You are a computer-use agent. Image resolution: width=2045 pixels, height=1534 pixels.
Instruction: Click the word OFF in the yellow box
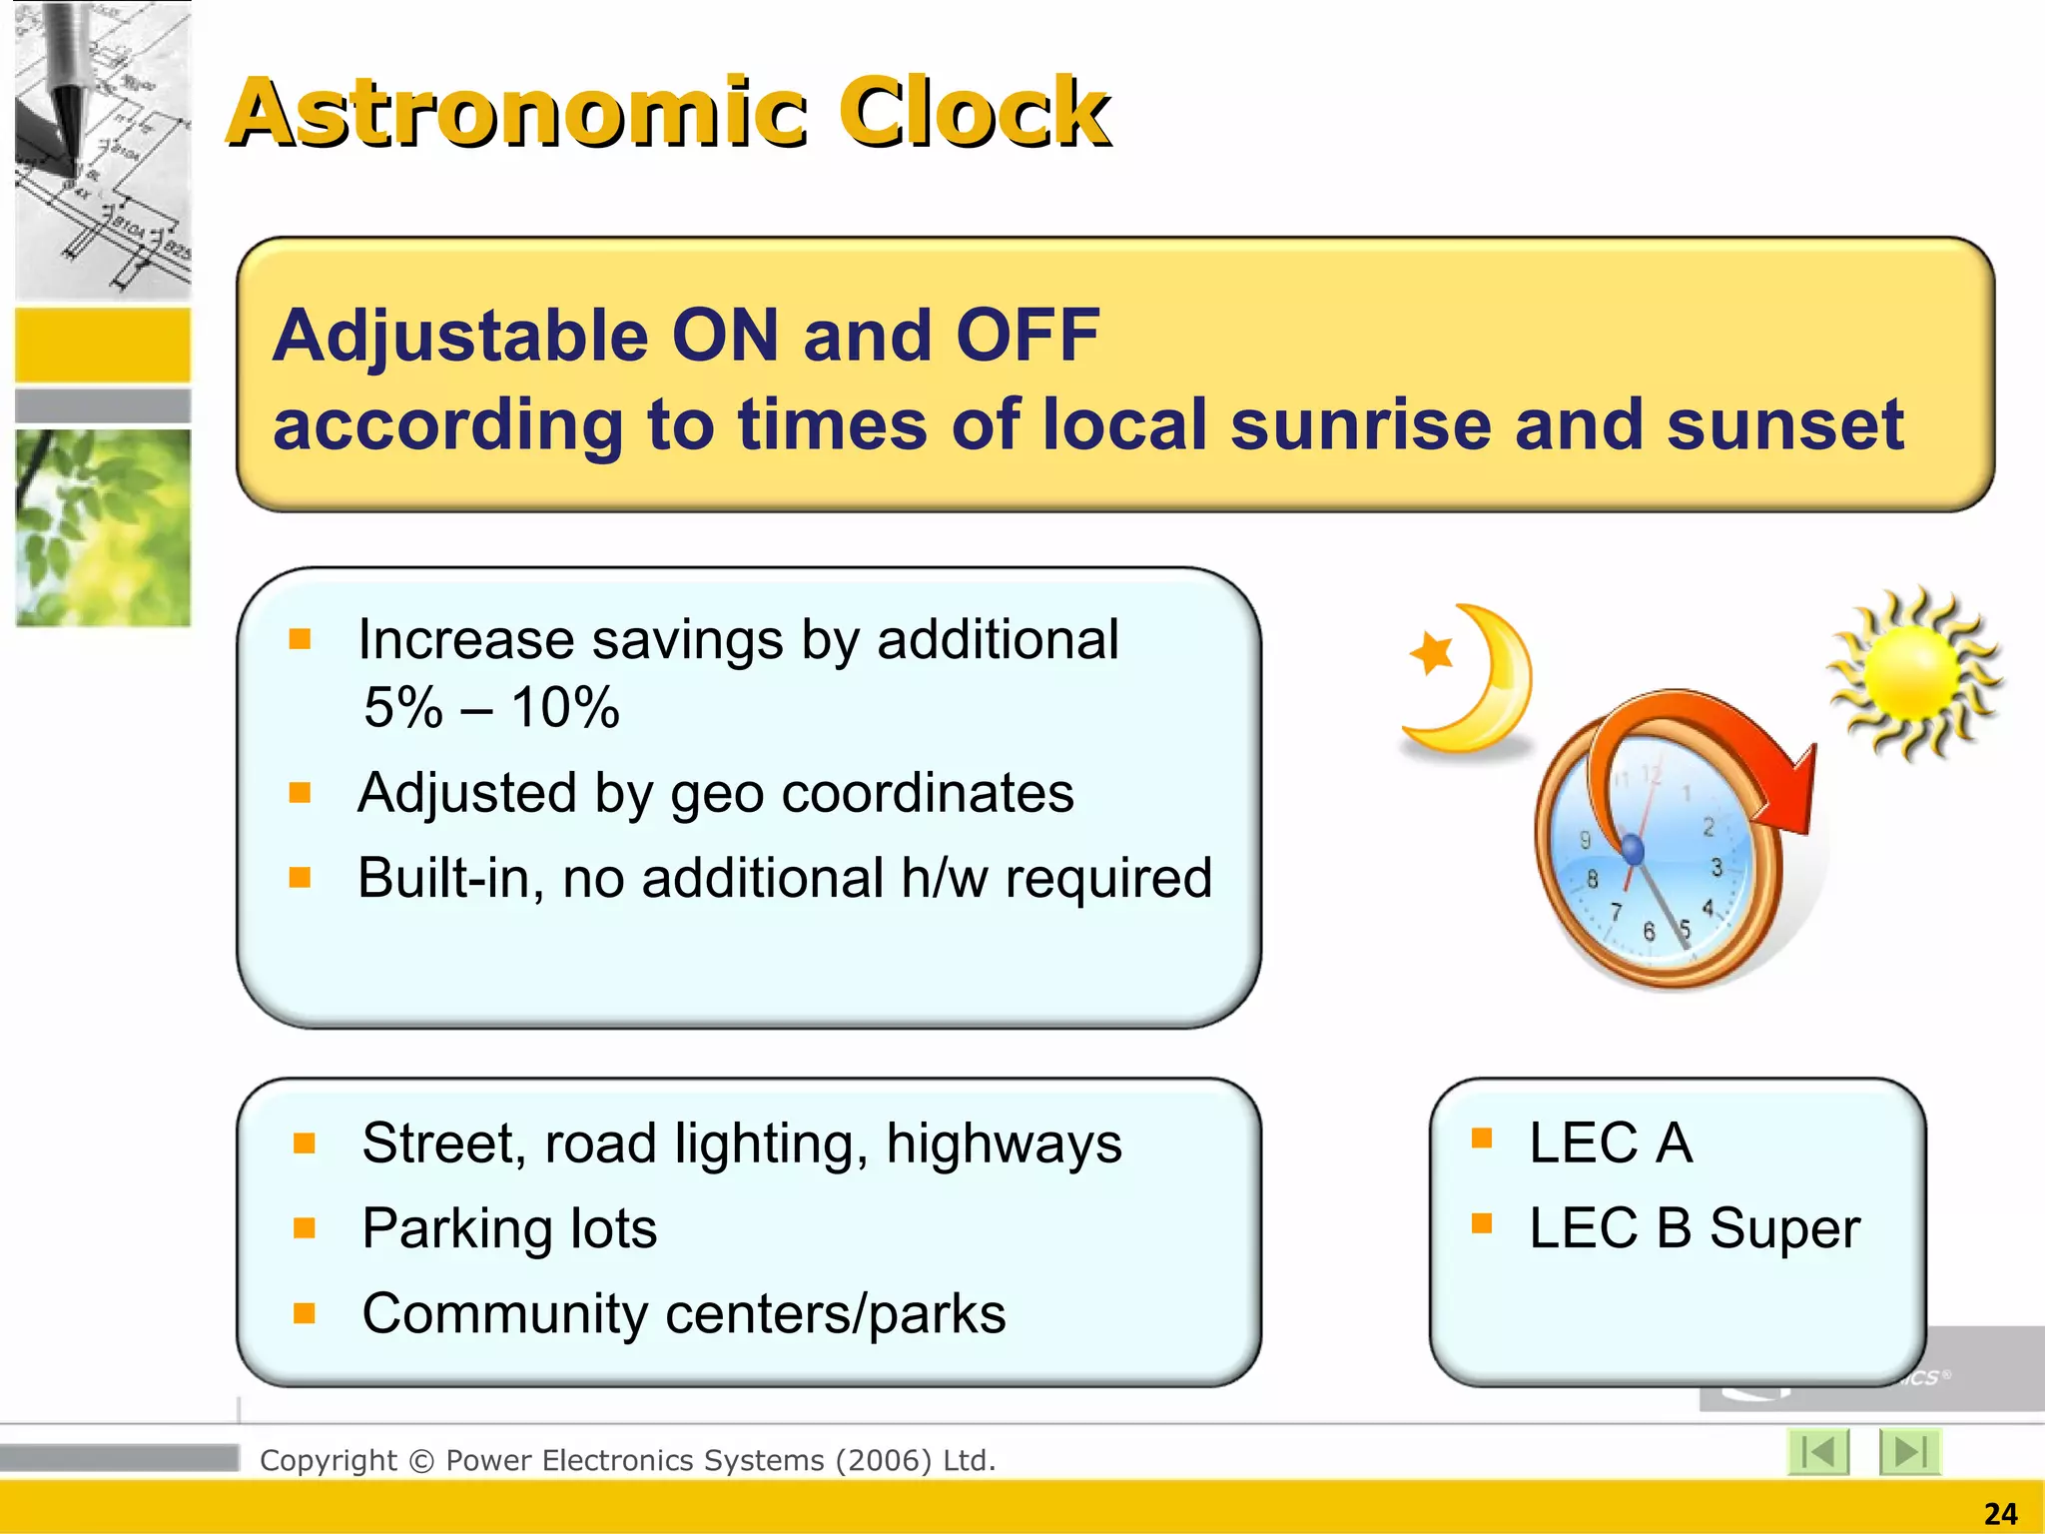coord(1027,335)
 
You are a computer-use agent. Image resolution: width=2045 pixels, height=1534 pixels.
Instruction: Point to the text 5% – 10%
coord(491,707)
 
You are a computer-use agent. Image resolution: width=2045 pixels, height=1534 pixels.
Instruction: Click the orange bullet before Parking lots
coord(305,1227)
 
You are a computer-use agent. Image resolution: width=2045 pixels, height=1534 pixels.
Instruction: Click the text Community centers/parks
coord(683,1313)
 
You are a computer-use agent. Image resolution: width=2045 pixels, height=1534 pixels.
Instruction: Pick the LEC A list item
coord(1610,1143)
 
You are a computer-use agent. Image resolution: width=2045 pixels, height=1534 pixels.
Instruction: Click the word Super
coord(1784,1228)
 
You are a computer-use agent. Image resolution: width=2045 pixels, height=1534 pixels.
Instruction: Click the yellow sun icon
coord(1912,675)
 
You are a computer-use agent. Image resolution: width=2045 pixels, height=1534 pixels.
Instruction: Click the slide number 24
coord(2000,1513)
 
